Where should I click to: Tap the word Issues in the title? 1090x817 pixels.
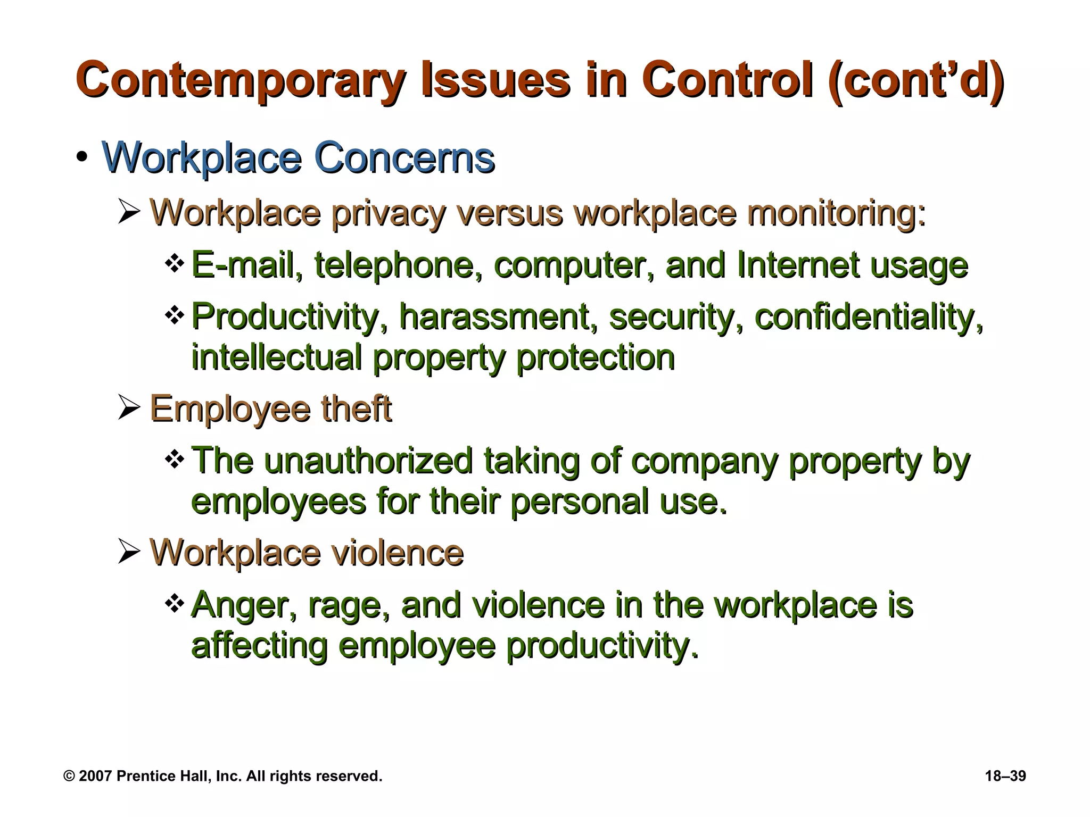495,81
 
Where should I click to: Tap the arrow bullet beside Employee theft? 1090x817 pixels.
129,408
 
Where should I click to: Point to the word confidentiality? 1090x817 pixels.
869,316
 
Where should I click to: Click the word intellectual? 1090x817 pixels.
277,357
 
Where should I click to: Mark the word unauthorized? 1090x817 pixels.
368,460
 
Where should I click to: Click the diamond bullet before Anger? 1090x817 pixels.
175,603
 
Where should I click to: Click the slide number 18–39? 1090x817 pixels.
1005,776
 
